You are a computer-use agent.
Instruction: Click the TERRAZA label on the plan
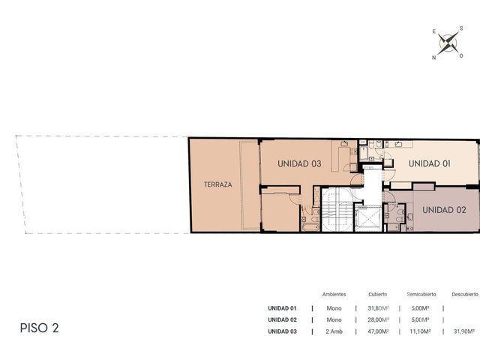218,184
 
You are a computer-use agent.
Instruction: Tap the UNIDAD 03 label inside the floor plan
299,163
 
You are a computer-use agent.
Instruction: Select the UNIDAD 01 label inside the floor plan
430,163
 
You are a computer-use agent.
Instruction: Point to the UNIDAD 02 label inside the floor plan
444,210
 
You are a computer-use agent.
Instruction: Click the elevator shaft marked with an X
367,218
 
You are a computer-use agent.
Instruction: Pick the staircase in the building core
336,210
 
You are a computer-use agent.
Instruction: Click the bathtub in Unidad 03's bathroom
310,226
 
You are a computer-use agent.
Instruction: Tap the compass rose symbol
448,43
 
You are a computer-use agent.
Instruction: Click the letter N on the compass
433,58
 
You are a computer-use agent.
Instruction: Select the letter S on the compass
461,28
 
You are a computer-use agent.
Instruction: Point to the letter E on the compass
434,31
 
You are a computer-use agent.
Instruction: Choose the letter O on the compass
461,55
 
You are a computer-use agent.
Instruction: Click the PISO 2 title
39,328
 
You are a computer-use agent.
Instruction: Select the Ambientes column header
334,294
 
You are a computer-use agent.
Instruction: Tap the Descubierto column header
465,294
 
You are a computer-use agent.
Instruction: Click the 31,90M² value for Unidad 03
464,331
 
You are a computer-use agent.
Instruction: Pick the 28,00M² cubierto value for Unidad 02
378,320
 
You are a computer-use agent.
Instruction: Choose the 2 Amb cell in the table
334,331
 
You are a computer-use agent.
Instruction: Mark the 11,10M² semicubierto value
420,331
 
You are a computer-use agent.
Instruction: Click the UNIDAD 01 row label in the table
282,308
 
